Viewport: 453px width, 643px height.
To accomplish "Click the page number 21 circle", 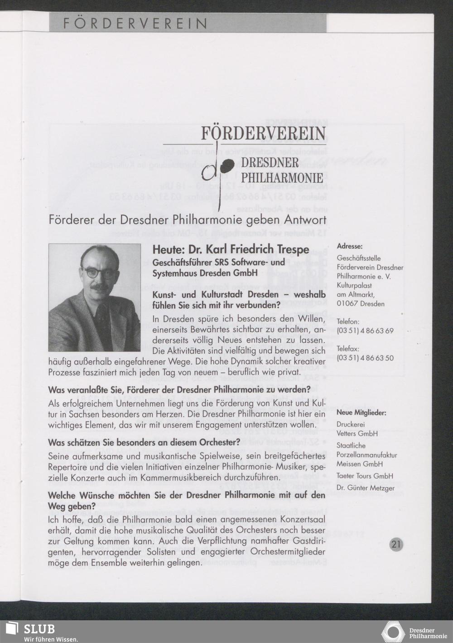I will click(x=396, y=545).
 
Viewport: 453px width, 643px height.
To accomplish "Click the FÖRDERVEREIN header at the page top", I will click(x=135, y=23).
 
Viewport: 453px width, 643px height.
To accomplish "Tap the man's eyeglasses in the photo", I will click(x=99, y=273).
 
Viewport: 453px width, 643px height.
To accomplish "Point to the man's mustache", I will click(x=100, y=287).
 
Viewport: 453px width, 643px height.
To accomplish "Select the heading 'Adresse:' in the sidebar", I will click(x=349, y=246).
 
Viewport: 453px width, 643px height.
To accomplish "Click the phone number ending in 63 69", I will click(x=365, y=331).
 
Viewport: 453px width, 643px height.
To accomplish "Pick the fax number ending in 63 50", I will click(x=365, y=358).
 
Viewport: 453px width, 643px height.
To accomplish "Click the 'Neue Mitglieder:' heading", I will click(x=361, y=413).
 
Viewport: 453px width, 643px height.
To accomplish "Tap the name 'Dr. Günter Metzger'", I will click(x=365, y=488).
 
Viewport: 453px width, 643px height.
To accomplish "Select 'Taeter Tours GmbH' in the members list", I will click(x=364, y=476).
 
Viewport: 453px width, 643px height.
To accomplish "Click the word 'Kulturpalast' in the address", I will click(x=354, y=286).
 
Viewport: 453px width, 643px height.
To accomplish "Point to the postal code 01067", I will click(x=347, y=304).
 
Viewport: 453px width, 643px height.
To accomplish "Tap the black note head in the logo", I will click(x=227, y=165).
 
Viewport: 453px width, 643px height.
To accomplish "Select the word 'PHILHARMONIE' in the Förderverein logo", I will click(x=283, y=177).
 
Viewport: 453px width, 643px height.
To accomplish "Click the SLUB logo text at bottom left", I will click(x=39, y=629).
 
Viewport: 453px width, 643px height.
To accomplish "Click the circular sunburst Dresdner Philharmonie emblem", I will click(x=393, y=632).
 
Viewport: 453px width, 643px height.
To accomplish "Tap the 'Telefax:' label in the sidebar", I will click(x=348, y=349).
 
